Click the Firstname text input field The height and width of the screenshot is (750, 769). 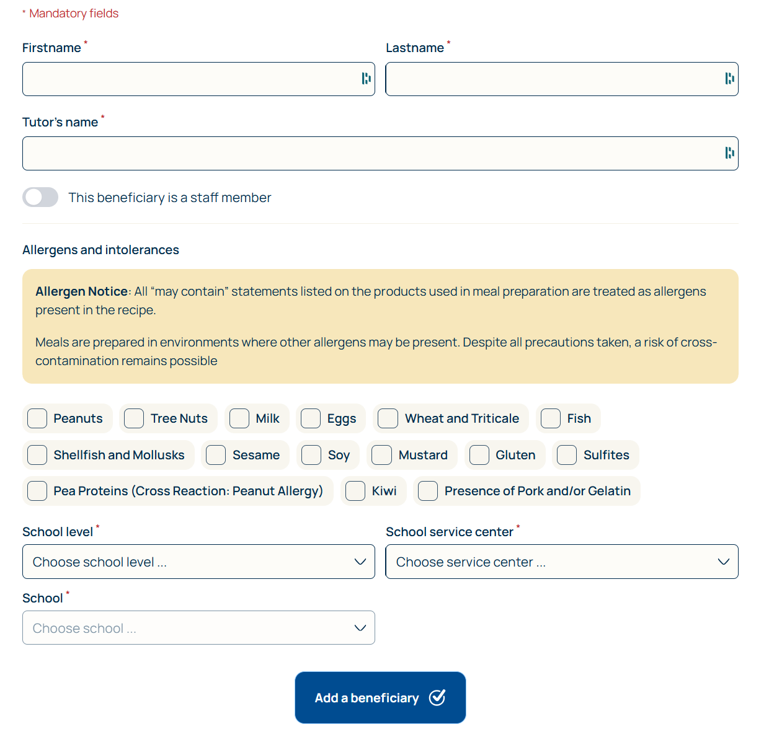coord(189,79)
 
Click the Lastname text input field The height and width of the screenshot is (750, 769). coord(552,79)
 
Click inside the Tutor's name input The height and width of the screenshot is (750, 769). coord(372,154)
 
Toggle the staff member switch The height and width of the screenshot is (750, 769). coord(40,198)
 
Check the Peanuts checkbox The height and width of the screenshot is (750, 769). coord(37,418)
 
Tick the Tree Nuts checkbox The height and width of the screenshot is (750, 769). coord(134,418)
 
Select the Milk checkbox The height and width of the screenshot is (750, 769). coord(239,418)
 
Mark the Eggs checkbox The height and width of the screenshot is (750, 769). coord(311,418)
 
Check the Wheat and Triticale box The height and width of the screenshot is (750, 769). coord(388,418)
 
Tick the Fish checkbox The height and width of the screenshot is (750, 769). coord(551,418)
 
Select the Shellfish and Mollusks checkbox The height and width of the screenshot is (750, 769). coord(37,455)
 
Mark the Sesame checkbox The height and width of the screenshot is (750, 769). coord(216,455)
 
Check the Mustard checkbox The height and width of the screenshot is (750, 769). coord(381,455)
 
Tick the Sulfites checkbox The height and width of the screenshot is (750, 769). coord(567,455)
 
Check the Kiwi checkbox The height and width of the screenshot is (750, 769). coord(355,491)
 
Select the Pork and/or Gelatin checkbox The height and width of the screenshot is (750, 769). coord(428,491)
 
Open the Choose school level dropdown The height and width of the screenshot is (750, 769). coord(198,562)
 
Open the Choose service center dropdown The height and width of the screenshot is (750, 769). coord(562,562)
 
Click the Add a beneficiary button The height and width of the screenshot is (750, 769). coord(380,698)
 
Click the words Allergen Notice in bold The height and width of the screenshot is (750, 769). coord(81,291)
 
